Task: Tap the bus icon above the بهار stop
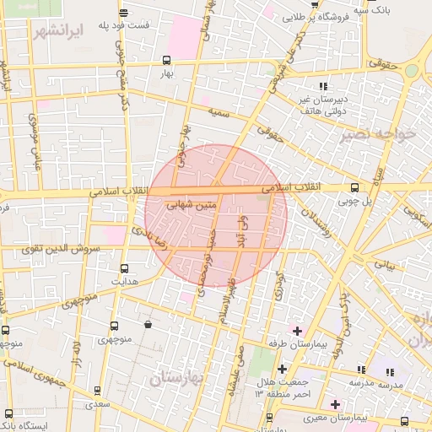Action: pos(166,60)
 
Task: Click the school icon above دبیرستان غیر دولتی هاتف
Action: pos(323,86)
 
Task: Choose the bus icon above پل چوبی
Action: pos(354,188)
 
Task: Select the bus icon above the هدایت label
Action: pos(124,267)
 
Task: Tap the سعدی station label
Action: pos(100,404)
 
